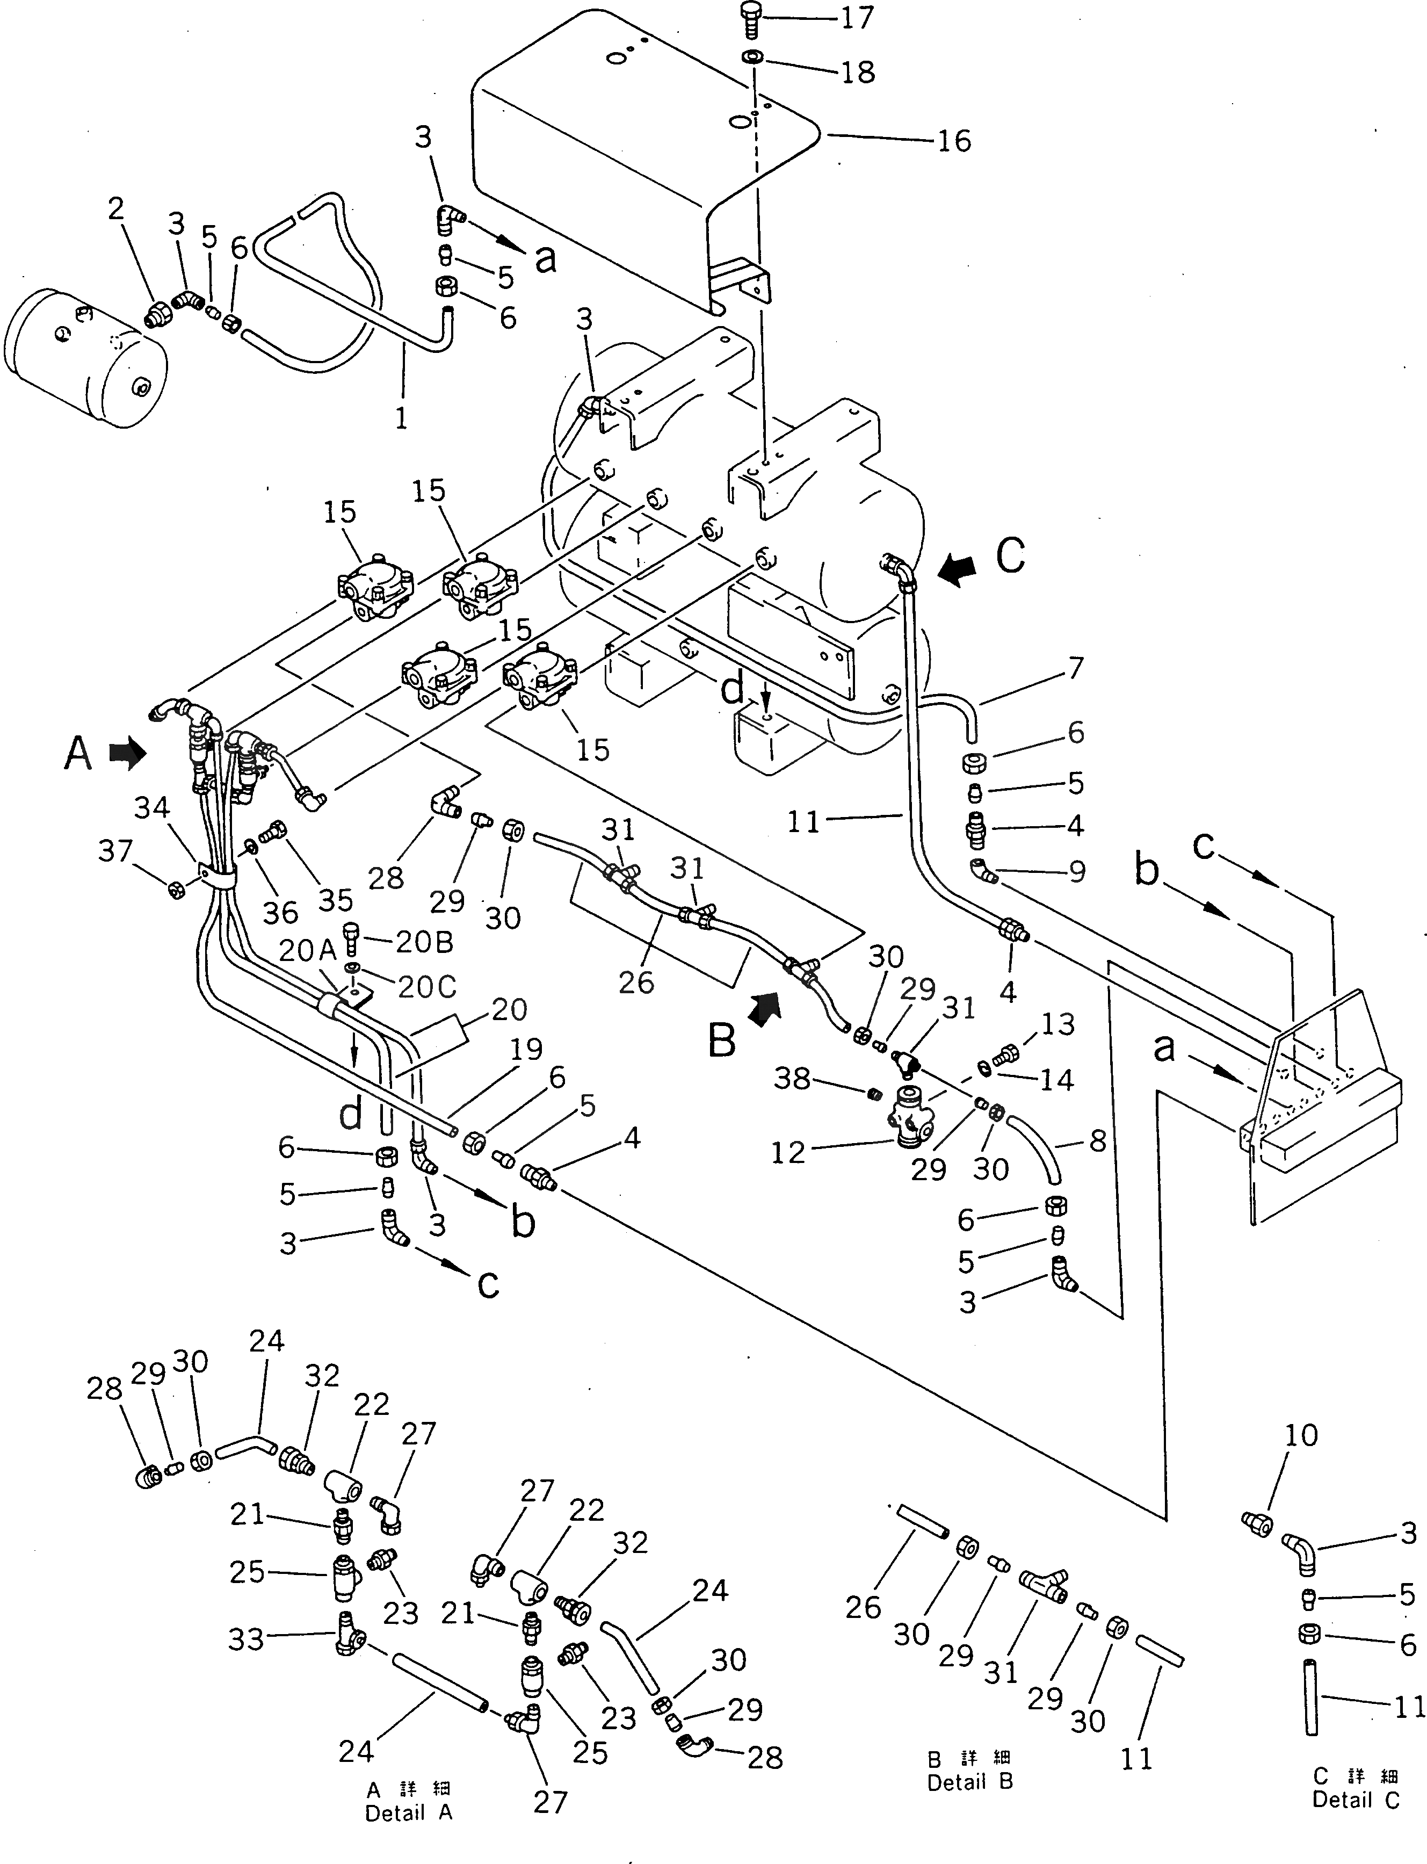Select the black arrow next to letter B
[764, 1009]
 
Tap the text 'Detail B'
[970, 1782]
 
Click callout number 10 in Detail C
[1301, 1436]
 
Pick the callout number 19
[527, 1049]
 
